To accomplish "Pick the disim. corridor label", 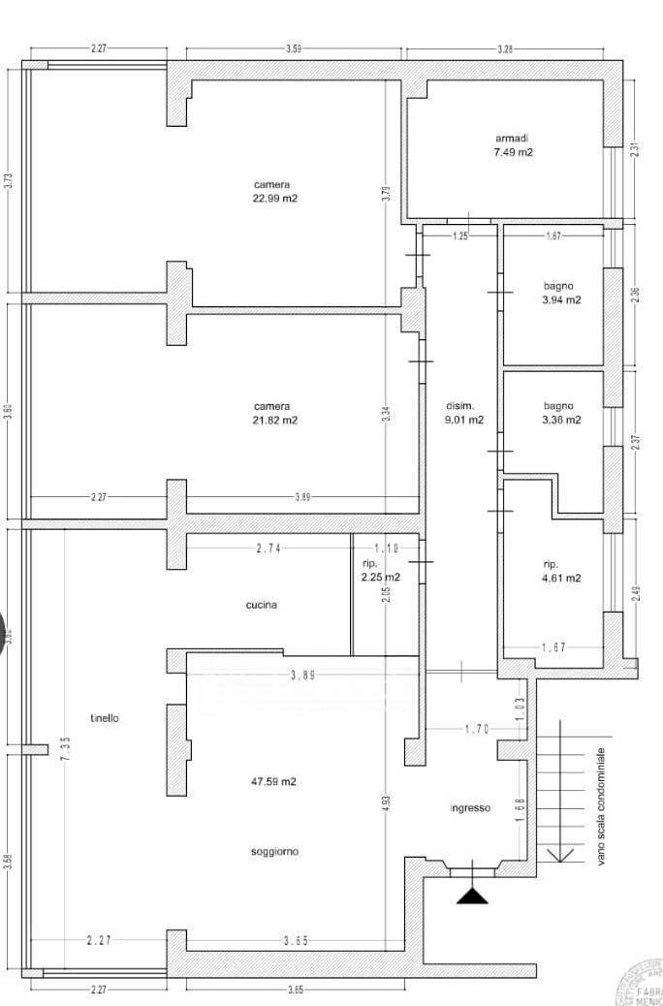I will (459, 405).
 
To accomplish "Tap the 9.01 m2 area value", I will (462, 420).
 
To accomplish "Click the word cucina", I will (261, 605).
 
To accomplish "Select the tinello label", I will (104, 718).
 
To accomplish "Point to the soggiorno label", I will (274, 852).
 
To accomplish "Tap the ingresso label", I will (470, 808).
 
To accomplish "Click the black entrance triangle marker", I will (472, 894).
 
